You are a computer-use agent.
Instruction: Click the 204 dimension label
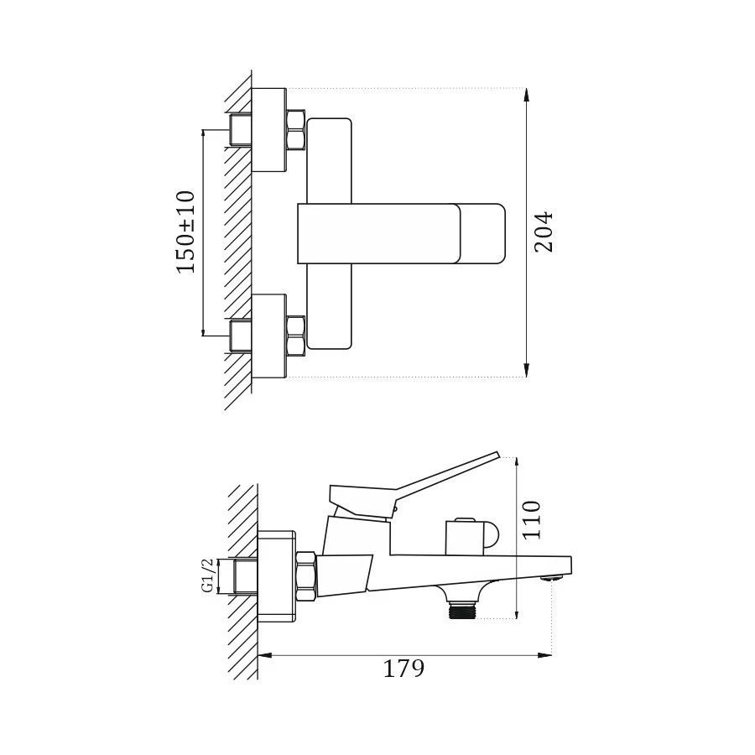tap(544, 232)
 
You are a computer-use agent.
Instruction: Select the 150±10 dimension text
tap(185, 232)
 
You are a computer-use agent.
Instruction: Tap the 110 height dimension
tap(532, 519)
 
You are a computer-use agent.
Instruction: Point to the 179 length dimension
tap(404, 669)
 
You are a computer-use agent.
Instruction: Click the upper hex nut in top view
tap(295, 130)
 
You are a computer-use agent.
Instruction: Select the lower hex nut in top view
tap(295, 336)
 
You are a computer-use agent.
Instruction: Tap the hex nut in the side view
tap(306, 576)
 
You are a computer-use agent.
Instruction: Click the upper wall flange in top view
tap(268, 130)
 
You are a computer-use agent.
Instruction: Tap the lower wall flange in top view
tap(268, 336)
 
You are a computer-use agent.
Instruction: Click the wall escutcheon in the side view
tap(277, 576)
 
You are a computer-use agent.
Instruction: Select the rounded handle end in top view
tap(483, 233)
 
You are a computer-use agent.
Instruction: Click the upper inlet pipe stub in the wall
tap(241, 130)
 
